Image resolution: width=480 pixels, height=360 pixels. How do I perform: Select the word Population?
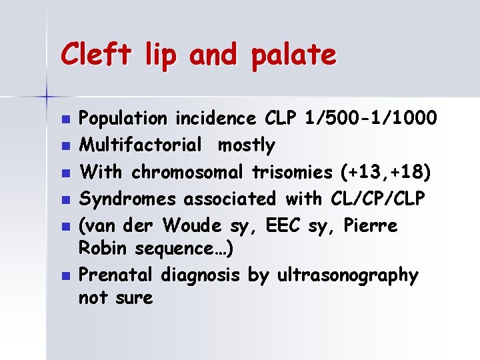tap(123, 119)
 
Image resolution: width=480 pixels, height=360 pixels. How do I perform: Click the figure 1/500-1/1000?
tap(370, 119)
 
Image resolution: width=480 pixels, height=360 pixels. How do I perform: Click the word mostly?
tap(247, 145)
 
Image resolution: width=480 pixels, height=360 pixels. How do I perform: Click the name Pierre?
tap(371, 225)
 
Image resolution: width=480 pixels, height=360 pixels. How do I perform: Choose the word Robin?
tap(104, 249)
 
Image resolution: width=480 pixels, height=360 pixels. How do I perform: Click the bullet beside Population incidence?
tap(65, 120)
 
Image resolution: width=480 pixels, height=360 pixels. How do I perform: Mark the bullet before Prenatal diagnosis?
tap(65, 275)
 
